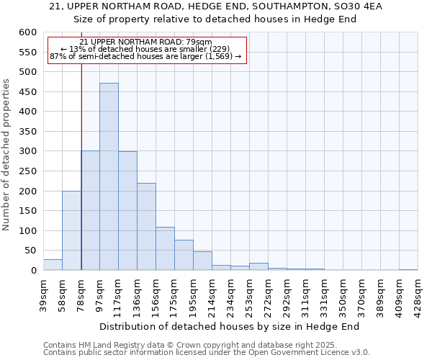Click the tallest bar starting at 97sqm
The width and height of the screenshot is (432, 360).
pos(109,176)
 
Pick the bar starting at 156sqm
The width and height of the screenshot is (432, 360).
pos(165,248)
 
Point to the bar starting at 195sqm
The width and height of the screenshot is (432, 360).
pos(202,261)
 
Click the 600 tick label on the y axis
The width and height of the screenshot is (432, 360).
pos(27,32)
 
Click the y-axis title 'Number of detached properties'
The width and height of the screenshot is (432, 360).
pos(8,155)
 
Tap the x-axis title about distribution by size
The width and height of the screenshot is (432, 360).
pos(229,326)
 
